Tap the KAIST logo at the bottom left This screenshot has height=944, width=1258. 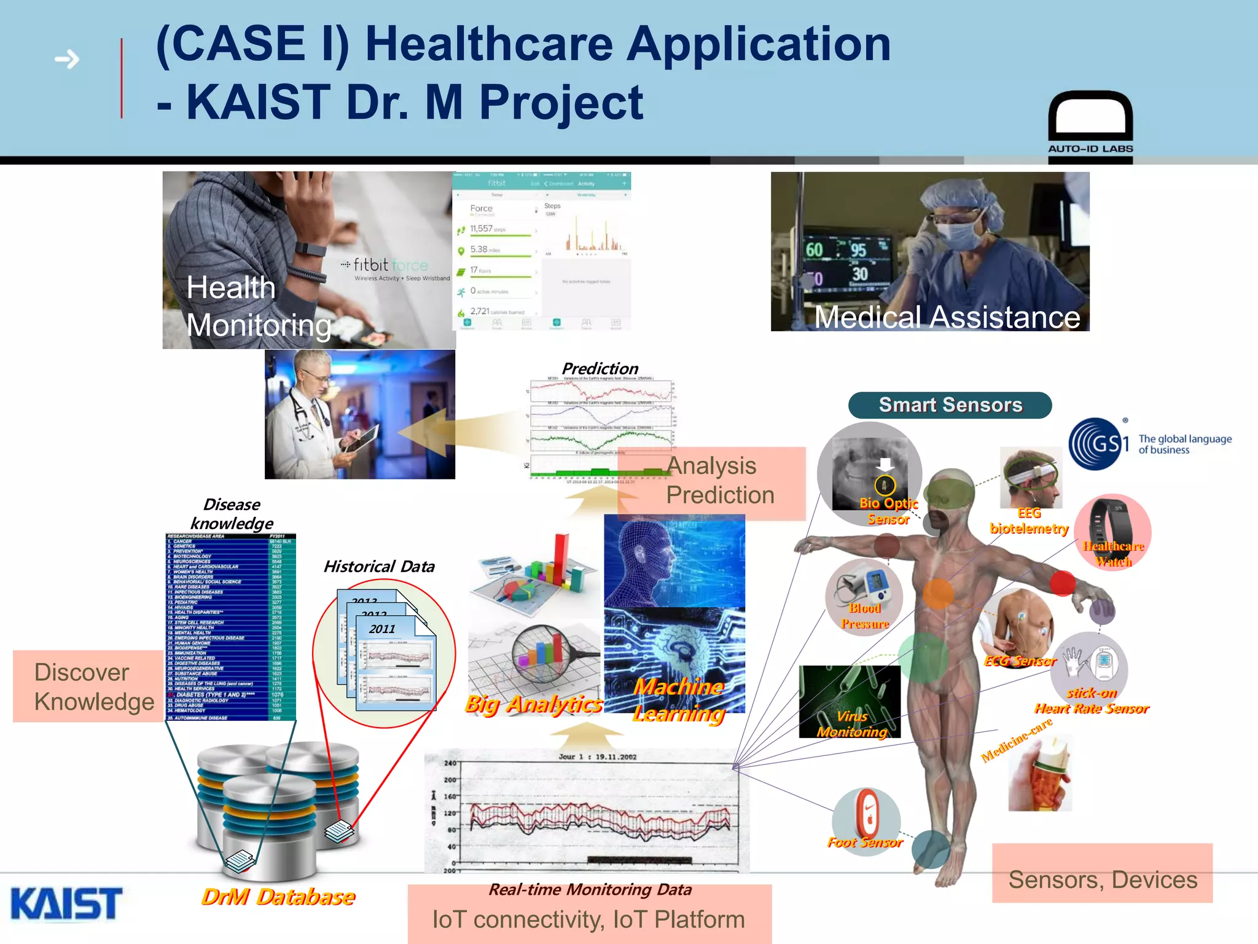(x=66, y=903)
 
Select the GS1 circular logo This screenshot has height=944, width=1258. (x=1099, y=444)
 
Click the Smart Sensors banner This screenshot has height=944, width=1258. (x=950, y=405)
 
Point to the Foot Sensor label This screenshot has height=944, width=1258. (x=865, y=843)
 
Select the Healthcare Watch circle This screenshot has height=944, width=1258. (x=1112, y=532)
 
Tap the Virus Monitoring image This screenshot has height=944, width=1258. (x=850, y=701)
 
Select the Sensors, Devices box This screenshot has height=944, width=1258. (x=1102, y=879)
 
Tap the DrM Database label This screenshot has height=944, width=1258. (x=278, y=897)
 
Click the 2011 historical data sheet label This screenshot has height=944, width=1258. (x=382, y=629)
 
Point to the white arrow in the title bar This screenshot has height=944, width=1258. (x=67, y=60)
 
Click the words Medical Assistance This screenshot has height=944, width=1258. (x=947, y=317)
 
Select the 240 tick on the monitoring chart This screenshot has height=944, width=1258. (x=450, y=763)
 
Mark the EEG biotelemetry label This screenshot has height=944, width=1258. (x=1029, y=521)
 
